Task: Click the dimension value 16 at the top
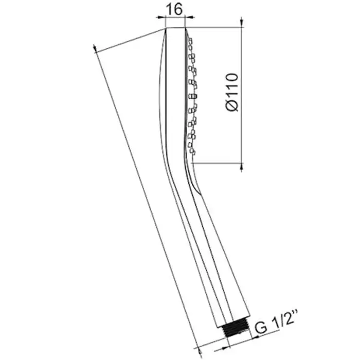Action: [x=174, y=10]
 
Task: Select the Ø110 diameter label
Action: [x=232, y=92]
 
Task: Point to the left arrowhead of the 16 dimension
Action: [x=160, y=17]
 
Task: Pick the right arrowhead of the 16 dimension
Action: [x=190, y=17]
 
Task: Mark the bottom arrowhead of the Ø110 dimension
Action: [x=241, y=168]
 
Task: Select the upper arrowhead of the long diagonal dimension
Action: [x=95, y=49]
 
